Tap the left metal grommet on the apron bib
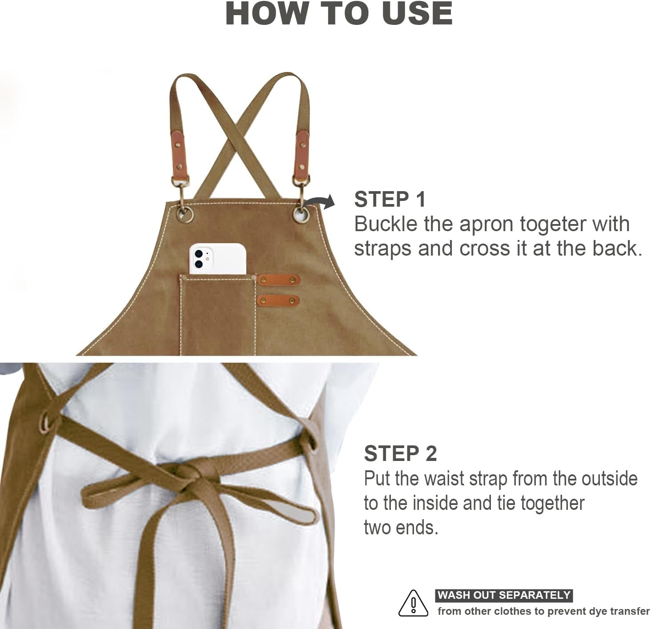185,214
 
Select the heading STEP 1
390,199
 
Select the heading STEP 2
401,453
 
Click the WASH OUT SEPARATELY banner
504,595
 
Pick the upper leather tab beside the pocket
278,280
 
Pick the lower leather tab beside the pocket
278,300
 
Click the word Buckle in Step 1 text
386,224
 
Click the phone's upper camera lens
199,253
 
